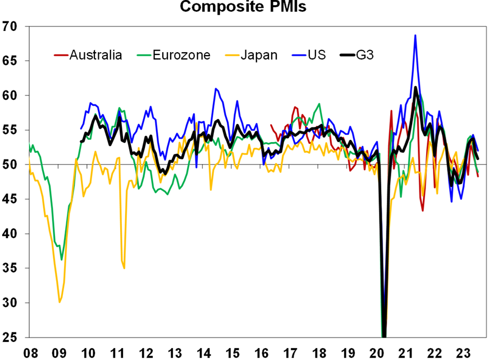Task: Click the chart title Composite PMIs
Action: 244,7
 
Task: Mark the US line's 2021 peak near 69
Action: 415,35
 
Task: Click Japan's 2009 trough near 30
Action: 60,302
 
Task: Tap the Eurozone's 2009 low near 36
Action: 62,260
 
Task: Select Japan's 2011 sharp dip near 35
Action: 124,268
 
